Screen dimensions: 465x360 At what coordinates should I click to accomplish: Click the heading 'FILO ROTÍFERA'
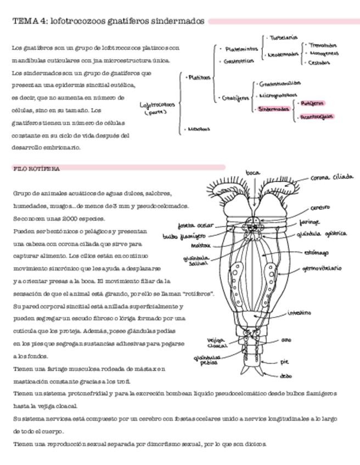tap(36, 168)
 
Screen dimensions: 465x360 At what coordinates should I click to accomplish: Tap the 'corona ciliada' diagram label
tap(331, 177)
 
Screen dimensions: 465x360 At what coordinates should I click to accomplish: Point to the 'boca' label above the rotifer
tap(252, 173)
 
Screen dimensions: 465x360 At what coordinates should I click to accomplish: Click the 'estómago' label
tap(316, 253)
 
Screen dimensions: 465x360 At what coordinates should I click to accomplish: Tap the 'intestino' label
tap(299, 313)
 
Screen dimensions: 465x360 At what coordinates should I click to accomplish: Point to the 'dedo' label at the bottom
tap(285, 376)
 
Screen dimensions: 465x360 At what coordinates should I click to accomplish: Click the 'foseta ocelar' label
tap(195, 225)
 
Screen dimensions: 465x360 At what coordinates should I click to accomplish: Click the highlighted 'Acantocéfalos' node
tap(317, 116)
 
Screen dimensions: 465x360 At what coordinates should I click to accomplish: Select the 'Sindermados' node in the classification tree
tap(273, 109)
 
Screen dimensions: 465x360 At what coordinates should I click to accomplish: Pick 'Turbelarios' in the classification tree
tap(283, 38)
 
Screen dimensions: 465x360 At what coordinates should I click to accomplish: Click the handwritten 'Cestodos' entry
tap(319, 63)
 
